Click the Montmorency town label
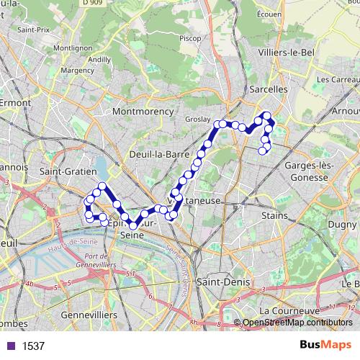click(143, 112)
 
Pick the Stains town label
click(274, 215)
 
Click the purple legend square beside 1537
click(10, 346)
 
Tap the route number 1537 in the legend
click(34, 346)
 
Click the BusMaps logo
click(326, 346)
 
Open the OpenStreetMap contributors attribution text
click(297, 323)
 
